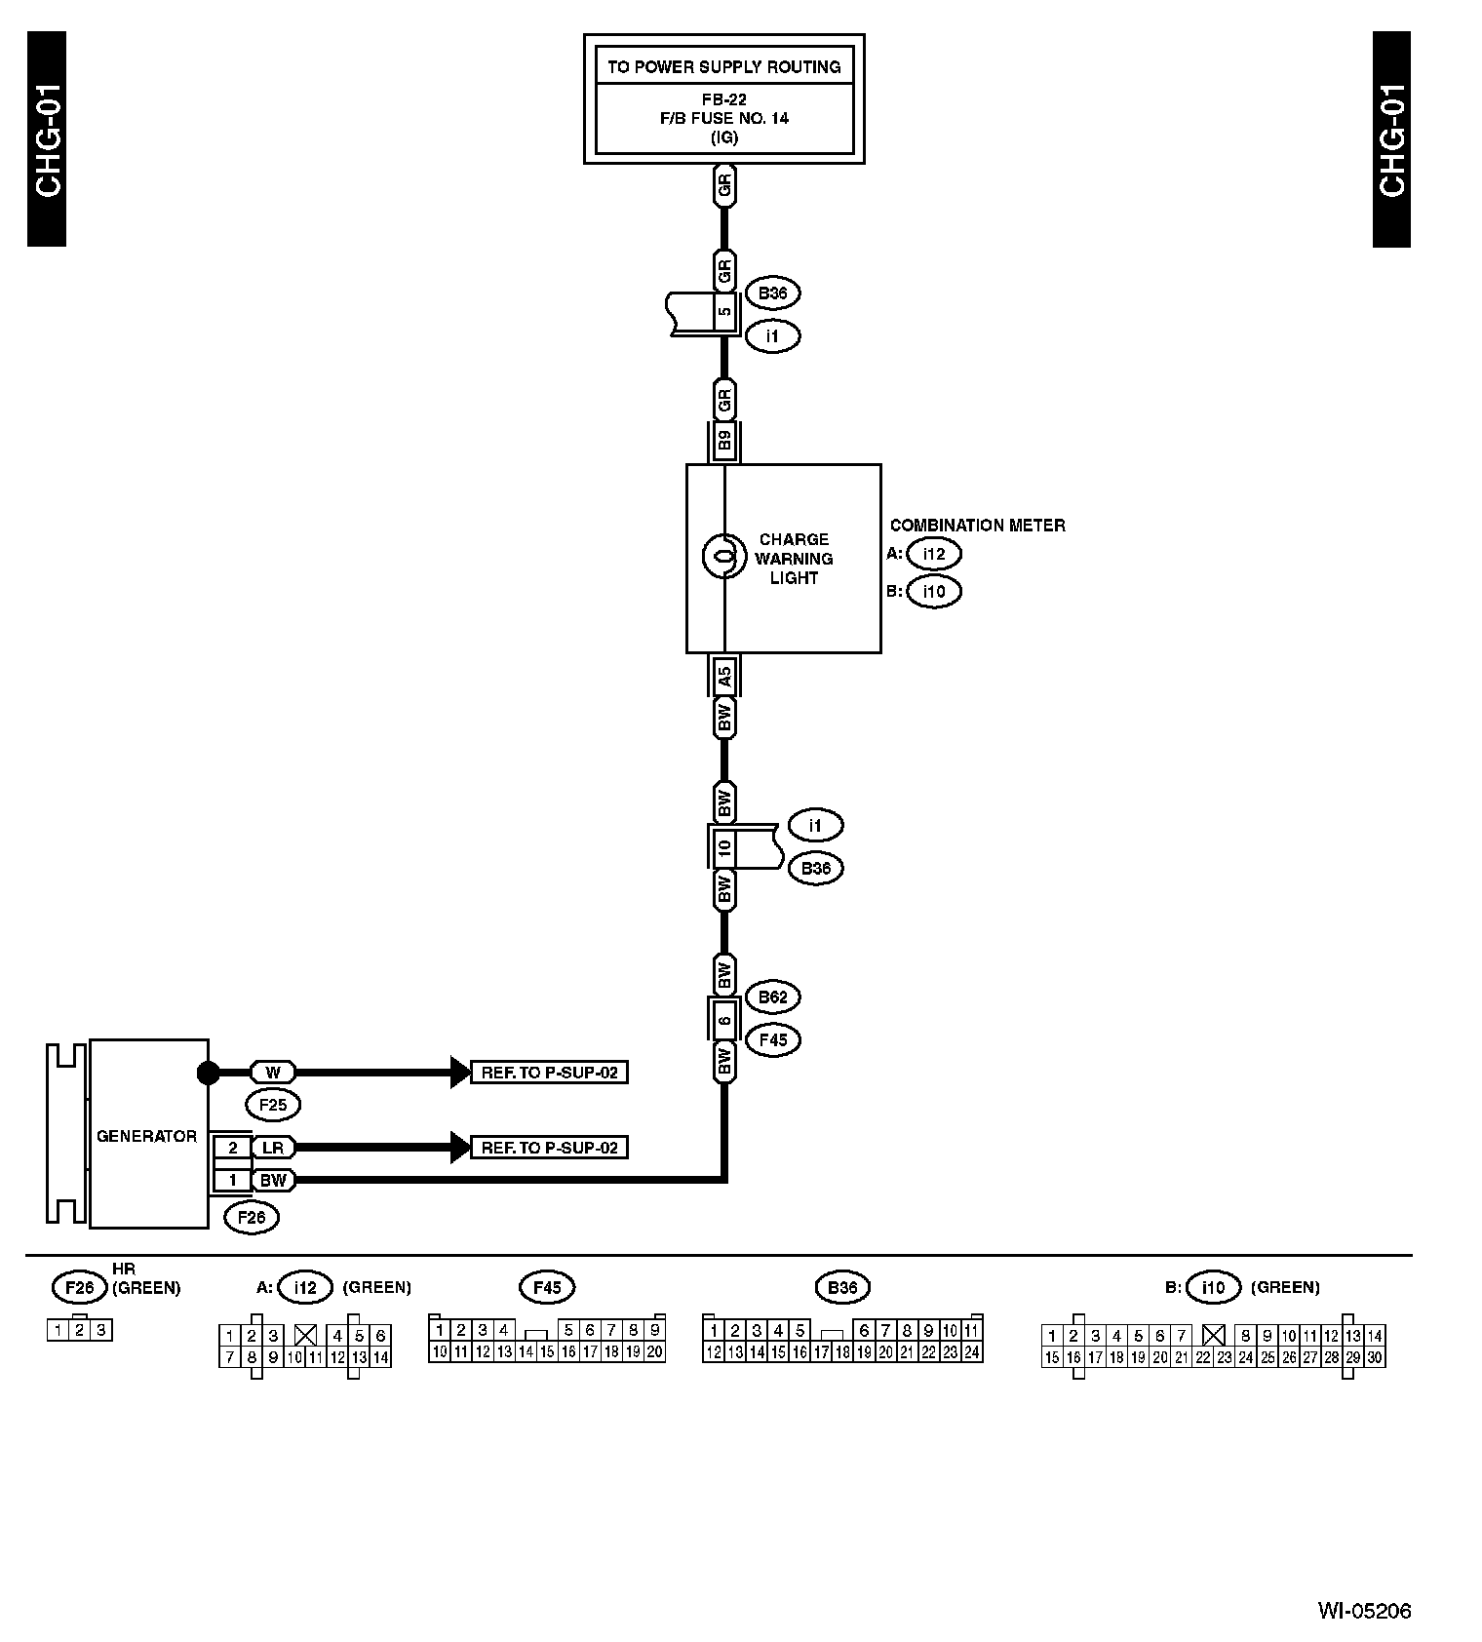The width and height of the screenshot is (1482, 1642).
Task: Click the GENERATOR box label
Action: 146,1136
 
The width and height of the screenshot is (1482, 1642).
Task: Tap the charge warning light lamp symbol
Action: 723,558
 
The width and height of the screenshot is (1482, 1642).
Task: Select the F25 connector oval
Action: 273,1105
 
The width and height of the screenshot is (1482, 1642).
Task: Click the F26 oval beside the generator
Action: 251,1217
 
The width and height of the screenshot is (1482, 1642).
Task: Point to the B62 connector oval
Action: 772,997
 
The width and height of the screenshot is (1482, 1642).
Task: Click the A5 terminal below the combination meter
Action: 723,675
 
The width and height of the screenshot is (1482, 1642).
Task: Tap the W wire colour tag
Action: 273,1073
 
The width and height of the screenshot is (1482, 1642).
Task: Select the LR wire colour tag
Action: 273,1148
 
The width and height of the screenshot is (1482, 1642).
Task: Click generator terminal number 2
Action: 232,1148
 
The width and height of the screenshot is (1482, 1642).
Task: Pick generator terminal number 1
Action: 232,1180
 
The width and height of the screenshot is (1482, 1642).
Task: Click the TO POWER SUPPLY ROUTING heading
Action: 723,67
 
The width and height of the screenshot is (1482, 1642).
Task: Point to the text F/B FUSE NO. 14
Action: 723,118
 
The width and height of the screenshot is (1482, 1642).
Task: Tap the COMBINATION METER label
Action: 977,526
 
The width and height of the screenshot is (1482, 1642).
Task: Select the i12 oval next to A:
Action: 933,554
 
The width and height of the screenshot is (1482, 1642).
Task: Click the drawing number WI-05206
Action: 1364,1612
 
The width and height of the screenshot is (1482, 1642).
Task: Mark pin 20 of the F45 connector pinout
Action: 654,1351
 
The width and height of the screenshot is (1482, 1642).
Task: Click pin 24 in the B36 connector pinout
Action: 971,1352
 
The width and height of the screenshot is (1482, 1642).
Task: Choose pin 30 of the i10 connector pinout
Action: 1374,1357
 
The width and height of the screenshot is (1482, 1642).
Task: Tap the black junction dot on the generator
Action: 208,1073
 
